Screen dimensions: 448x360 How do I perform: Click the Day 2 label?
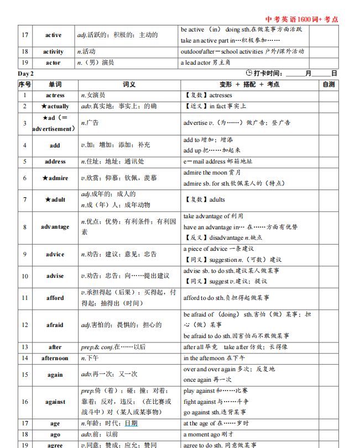pyautogui.click(x=26, y=73)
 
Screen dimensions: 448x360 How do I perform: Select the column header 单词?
pyautogui.click(x=55, y=85)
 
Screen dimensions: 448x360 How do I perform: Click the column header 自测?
pyautogui.click(x=328, y=85)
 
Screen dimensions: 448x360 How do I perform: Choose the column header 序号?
pyautogui.click(x=24, y=85)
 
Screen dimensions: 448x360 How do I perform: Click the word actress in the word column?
pyautogui.click(x=55, y=96)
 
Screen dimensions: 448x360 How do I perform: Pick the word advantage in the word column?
pyautogui.click(x=55, y=227)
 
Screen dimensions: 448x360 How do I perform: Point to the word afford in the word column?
pyautogui.click(x=55, y=298)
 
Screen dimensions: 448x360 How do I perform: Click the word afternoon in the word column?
pyautogui.click(x=55, y=359)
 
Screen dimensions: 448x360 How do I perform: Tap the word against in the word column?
pyautogui.click(x=55, y=402)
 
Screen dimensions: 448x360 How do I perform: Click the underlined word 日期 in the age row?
pyautogui.click(x=131, y=424)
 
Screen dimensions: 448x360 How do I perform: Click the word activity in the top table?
pyautogui.click(x=53, y=52)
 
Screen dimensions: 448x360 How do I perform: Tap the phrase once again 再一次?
pyautogui.click(x=207, y=380)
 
